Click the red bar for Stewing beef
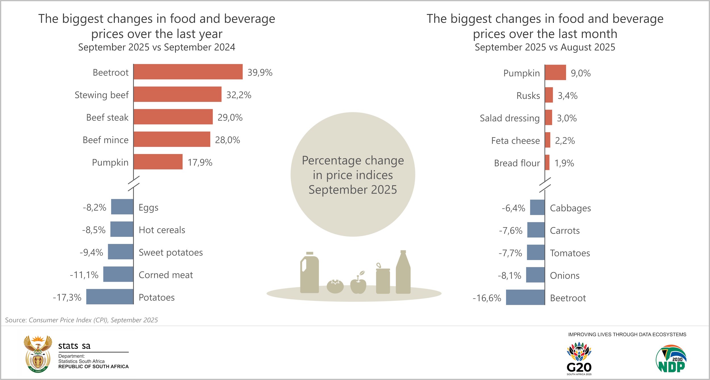coord(177,94)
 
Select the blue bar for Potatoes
coord(110,297)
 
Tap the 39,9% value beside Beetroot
coord(260,73)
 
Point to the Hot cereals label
coord(162,230)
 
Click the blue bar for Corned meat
coord(118,274)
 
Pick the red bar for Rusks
coord(549,95)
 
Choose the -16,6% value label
coord(487,298)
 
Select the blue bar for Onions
coord(535,275)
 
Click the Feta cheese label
coord(515,141)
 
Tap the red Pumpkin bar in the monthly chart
coord(556,73)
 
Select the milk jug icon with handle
coord(310,273)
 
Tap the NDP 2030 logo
coord(671,359)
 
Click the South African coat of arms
coord(38,354)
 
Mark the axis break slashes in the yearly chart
coord(133,183)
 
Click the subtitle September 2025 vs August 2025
coord(545,47)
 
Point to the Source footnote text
coord(82,320)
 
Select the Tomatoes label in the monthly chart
coord(570,253)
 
